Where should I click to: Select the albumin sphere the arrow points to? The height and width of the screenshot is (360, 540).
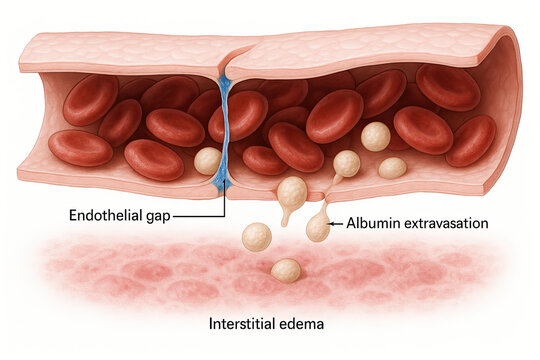coord(319,228)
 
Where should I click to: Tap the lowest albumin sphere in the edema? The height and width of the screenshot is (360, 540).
coord(286,270)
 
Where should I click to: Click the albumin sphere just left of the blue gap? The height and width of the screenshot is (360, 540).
coord(207,160)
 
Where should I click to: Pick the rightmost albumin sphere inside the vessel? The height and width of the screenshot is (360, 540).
coord(392,167)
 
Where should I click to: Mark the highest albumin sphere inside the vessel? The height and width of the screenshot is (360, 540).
coord(376,137)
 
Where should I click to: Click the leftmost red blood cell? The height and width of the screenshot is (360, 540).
coord(80,147)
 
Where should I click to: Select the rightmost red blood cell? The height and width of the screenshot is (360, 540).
coord(472,140)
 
